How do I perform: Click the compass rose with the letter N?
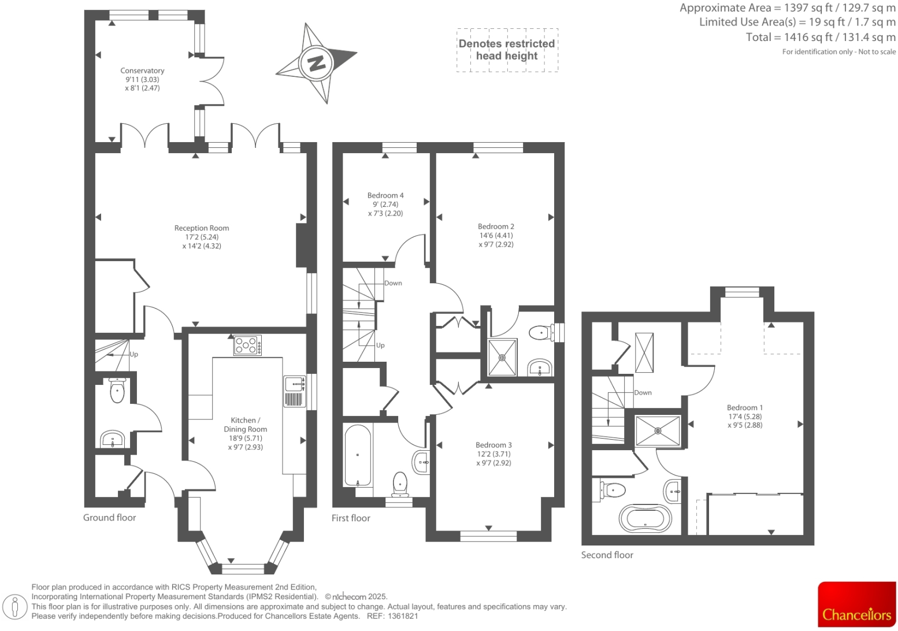click(317, 62)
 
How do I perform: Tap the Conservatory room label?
click(142, 71)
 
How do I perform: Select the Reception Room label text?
click(202, 228)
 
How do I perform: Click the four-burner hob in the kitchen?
click(247, 346)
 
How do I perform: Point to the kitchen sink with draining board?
click(295, 391)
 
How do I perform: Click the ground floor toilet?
click(117, 391)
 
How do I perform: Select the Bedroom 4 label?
click(385, 195)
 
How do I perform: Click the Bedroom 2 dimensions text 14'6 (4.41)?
click(495, 236)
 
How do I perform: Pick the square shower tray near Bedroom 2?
click(503, 357)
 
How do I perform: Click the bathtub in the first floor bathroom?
click(358, 456)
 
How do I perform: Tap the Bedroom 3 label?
click(493, 445)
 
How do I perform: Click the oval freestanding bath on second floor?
click(645, 518)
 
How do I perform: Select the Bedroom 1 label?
click(745, 407)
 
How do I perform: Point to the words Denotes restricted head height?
click(507, 50)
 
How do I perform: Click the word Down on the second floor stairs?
click(643, 392)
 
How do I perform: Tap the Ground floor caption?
click(109, 518)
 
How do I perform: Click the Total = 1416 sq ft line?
click(821, 38)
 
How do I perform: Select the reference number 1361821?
click(403, 616)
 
